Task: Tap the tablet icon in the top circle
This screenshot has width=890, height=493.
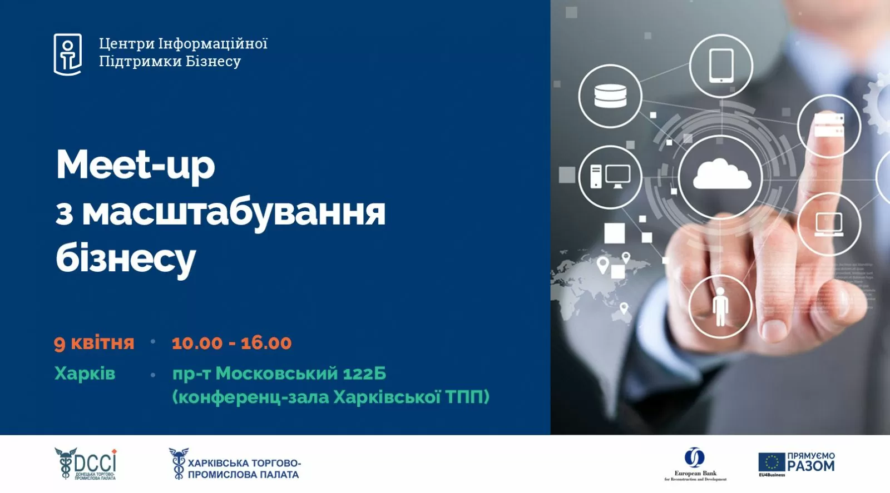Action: tap(721, 66)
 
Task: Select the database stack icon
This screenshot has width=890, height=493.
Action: tap(610, 96)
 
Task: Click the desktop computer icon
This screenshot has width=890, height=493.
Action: tap(610, 177)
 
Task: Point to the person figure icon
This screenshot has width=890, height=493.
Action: tap(720, 306)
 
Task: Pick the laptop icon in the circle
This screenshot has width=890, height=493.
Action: tap(829, 224)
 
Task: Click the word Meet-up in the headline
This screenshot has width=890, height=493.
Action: tap(135, 166)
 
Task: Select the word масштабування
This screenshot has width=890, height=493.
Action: tap(234, 212)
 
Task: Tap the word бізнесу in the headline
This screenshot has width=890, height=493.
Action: tap(126, 258)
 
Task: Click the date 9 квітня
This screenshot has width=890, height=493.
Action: tap(94, 343)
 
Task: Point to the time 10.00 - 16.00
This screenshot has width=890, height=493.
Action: tap(231, 343)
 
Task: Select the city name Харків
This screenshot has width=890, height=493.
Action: tap(85, 373)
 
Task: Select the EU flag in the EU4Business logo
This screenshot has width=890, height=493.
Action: tap(772, 462)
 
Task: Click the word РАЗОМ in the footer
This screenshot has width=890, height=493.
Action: tap(811, 466)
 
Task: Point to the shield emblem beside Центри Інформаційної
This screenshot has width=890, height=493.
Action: tap(68, 54)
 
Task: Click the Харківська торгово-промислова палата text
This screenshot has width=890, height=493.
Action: tap(244, 469)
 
